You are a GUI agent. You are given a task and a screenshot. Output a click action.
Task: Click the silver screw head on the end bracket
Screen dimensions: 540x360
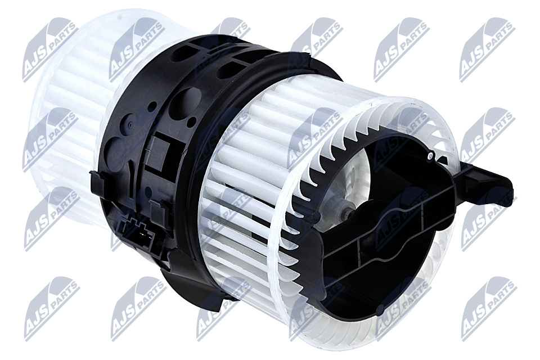click(430, 157)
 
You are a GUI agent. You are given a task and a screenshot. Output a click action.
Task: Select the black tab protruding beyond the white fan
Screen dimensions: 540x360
click(488, 179)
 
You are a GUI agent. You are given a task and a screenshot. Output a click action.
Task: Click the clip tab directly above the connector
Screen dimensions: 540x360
click(157, 210)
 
